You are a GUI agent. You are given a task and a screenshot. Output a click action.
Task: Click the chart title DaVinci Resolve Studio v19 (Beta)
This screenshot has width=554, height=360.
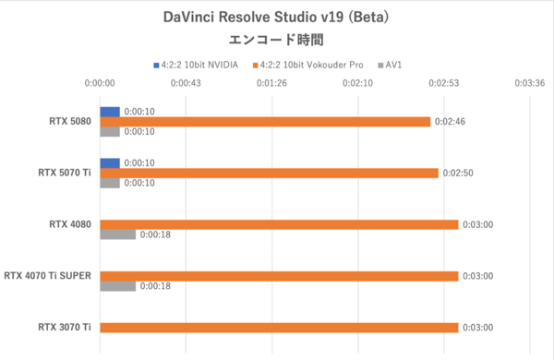point(276,17)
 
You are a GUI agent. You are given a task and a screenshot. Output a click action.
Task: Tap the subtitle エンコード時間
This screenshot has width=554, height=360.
point(276,40)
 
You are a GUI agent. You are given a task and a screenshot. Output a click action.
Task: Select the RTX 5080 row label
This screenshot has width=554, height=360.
point(70,121)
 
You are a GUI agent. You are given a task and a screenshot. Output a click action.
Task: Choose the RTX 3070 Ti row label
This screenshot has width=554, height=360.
point(65,327)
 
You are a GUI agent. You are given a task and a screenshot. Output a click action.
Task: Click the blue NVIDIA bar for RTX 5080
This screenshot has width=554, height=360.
point(110,112)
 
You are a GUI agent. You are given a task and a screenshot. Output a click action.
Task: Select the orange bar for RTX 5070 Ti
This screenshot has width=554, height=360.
point(269,173)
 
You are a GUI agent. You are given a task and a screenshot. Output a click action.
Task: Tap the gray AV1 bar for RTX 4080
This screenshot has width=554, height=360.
point(117,234)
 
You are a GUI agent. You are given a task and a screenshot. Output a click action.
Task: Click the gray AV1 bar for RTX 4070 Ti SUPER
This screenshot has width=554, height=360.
point(117,286)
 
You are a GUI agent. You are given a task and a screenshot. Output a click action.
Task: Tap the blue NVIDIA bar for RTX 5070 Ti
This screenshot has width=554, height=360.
point(110,162)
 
